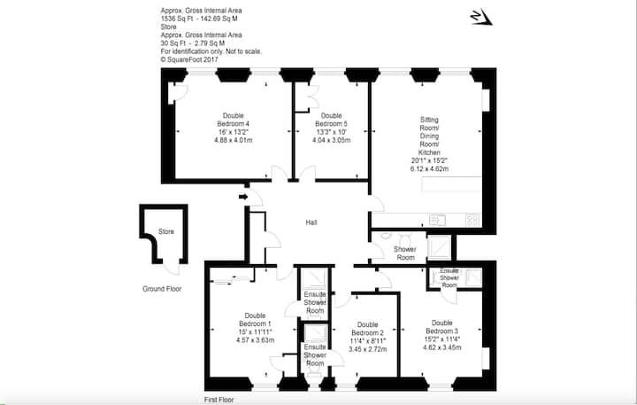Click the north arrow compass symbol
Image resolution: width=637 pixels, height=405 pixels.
click(481, 17)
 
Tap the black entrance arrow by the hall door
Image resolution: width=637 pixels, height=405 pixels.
click(243, 197)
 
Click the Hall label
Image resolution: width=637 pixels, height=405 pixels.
click(311, 222)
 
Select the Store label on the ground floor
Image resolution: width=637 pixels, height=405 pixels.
click(166, 231)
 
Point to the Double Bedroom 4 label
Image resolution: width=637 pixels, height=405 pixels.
click(234, 120)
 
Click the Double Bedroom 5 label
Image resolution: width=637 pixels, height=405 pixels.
click(331, 120)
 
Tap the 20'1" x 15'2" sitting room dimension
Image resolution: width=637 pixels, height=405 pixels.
click(429, 160)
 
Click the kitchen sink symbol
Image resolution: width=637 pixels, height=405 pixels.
click(438, 220)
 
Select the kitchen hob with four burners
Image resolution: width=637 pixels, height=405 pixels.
click(472, 220)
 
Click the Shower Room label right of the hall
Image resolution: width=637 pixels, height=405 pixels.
click(405, 253)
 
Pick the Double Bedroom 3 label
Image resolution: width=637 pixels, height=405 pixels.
click(442, 327)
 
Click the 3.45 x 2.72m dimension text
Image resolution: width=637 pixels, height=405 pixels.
click(368, 349)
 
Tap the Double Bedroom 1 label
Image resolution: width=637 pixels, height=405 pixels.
click(255, 320)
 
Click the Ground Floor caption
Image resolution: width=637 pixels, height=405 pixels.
click(162, 289)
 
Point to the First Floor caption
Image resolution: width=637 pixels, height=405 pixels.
click(219, 400)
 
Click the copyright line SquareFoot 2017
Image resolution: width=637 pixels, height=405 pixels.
click(189, 59)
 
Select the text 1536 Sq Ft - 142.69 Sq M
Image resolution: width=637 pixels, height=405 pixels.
click(199, 19)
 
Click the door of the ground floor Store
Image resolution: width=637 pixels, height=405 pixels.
click(173, 268)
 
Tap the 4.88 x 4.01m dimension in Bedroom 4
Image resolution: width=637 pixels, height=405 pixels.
click(234, 140)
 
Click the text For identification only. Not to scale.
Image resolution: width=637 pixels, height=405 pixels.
click(211, 51)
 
